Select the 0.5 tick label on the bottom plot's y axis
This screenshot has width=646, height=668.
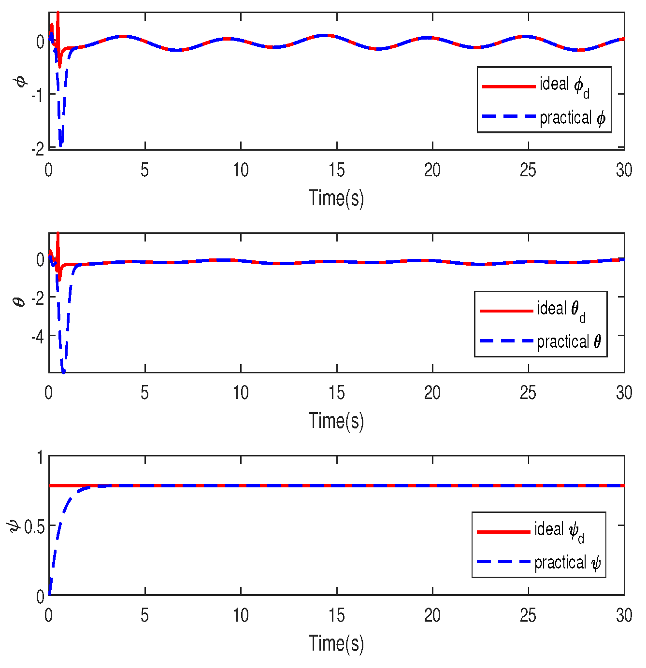point(34,526)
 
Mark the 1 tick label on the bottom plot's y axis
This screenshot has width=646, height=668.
point(41,457)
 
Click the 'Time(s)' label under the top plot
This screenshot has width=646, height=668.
point(336,198)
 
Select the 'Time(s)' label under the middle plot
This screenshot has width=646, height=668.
point(336,421)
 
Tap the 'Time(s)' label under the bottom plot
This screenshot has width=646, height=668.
point(336,643)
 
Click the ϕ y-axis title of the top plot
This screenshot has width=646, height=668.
point(21,80)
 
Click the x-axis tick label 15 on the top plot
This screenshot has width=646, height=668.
point(336,170)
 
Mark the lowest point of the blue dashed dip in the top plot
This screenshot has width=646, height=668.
point(60,145)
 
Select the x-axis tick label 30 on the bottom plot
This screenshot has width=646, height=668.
point(624,615)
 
